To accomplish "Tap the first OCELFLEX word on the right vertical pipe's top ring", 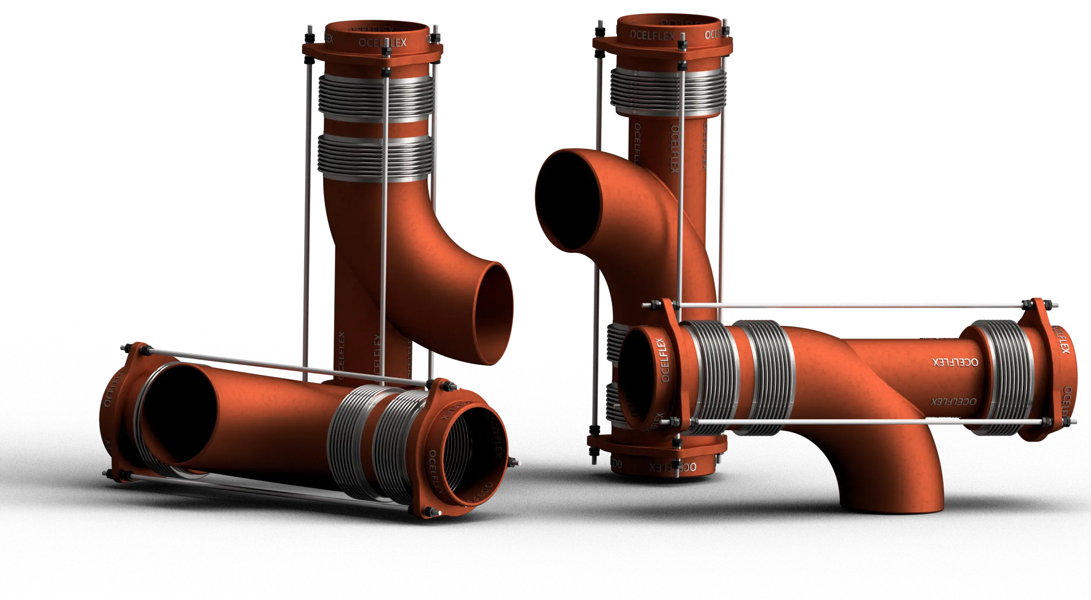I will point(651,35).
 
